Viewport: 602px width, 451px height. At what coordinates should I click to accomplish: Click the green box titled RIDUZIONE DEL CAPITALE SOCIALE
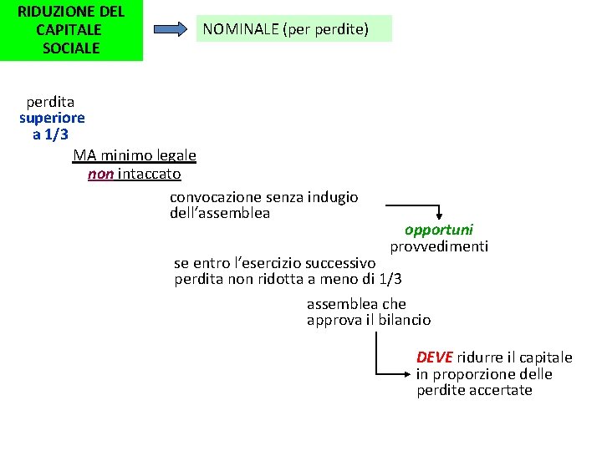[71, 30]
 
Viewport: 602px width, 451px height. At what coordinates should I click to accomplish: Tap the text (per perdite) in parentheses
[325, 30]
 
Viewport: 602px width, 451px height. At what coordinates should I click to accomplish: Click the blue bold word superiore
[52, 118]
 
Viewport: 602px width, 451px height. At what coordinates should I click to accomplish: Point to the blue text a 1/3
[50, 134]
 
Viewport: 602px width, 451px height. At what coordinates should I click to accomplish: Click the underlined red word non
[100, 174]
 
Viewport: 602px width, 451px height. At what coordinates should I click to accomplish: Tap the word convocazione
[216, 197]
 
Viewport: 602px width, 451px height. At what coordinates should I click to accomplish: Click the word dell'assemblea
[220, 213]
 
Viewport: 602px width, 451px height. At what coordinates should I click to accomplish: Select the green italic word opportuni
[438, 230]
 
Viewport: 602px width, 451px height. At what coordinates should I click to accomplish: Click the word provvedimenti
[439, 246]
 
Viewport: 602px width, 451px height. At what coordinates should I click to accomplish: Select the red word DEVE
[434, 357]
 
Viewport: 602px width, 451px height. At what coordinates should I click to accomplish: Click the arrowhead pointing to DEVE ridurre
[409, 372]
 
